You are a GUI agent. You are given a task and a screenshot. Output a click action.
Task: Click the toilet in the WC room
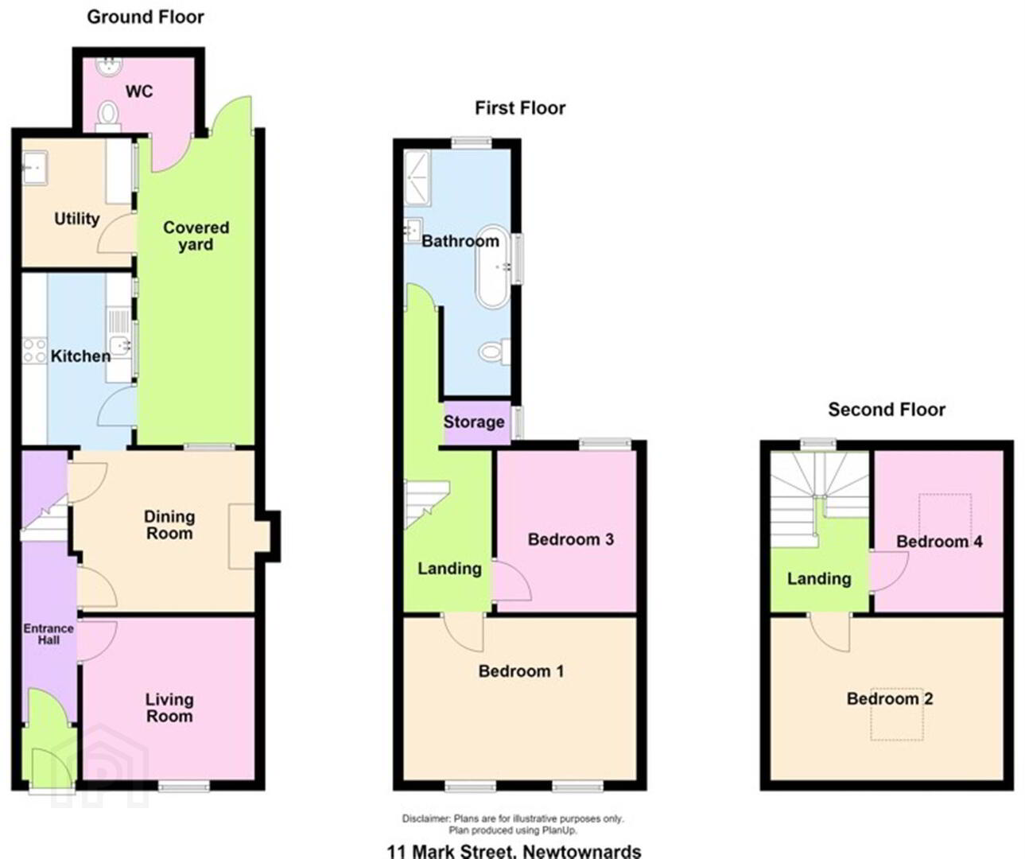pos(108,117)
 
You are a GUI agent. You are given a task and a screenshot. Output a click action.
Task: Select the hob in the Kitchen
pos(34,350)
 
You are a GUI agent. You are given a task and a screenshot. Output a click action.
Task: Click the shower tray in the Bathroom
pos(417,178)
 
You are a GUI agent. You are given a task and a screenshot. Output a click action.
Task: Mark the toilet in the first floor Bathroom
pos(495,352)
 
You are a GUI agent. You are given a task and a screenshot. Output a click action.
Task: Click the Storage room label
pos(474,422)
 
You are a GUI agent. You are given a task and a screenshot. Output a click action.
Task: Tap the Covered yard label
pos(196,235)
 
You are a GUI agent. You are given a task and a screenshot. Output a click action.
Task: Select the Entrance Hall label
pos(49,634)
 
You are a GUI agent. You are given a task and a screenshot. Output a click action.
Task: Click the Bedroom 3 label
pos(570,539)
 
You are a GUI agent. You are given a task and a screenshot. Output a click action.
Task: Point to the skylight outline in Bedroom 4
pos(945,515)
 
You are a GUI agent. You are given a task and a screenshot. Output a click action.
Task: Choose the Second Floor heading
pos(887,410)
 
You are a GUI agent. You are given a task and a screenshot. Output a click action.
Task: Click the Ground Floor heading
pos(146,17)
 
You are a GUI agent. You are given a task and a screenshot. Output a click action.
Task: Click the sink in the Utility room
pos(34,167)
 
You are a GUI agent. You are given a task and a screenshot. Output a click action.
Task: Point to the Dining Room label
pos(169,524)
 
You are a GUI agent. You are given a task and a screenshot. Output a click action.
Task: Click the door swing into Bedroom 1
pos(464,632)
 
